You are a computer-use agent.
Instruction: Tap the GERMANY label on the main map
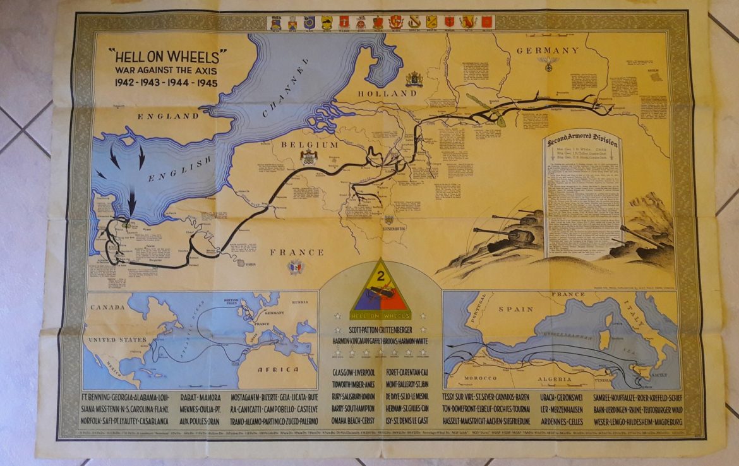(548, 51)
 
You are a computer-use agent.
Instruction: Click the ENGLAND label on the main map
(168, 116)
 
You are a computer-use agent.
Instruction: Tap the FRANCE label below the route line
(297, 253)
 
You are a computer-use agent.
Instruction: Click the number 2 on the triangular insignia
(380, 275)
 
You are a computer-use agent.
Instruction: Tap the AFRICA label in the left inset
(282, 369)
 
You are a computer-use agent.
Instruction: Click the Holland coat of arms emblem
(414, 80)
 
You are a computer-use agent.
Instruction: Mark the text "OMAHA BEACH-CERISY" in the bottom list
(353, 420)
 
